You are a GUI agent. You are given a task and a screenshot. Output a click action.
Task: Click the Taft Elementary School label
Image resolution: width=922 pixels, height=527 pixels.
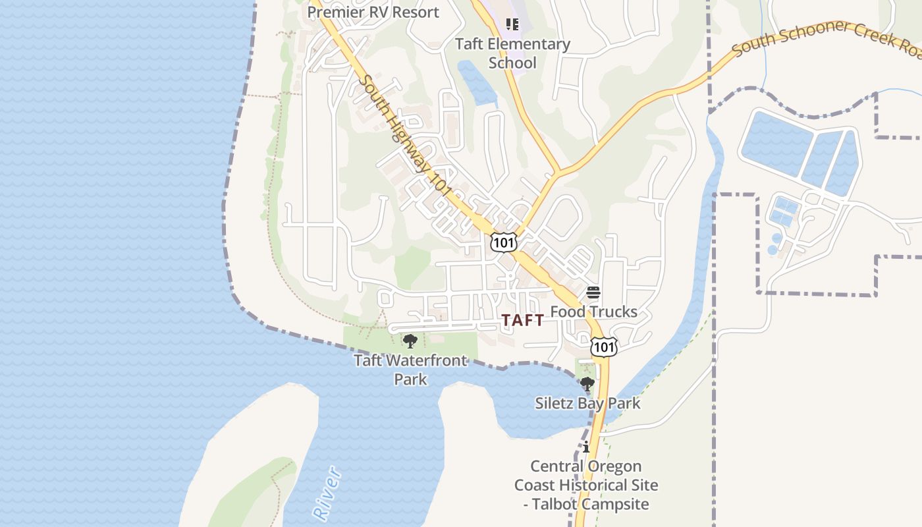click(x=513, y=53)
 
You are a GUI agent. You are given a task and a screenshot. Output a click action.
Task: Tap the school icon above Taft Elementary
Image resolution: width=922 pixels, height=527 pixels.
click(x=512, y=25)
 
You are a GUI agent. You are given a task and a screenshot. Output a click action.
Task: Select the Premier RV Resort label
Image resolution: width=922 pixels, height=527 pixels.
click(x=373, y=12)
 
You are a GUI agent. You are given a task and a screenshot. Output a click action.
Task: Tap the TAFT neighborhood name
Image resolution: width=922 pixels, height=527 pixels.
click(x=523, y=321)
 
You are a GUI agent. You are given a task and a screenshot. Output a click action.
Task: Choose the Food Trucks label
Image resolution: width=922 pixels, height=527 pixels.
click(x=593, y=312)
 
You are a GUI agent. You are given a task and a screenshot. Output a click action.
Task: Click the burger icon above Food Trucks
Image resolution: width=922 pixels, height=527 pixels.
click(x=593, y=292)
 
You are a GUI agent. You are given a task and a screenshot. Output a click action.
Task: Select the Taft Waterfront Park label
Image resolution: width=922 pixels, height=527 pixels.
click(x=411, y=370)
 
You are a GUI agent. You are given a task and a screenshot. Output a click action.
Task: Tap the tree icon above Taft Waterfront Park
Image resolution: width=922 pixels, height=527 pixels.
click(x=410, y=341)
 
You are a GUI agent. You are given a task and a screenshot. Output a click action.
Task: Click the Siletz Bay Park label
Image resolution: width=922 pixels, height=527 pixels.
click(x=587, y=403)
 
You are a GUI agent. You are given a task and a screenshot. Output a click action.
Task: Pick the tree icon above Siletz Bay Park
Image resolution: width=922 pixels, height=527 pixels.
click(x=587, y=384)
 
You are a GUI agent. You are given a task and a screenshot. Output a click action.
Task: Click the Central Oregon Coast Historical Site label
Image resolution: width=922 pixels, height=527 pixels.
click(x=586, y=485)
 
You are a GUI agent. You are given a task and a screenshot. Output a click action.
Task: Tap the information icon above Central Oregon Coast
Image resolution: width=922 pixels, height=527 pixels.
click(x=586, y=447)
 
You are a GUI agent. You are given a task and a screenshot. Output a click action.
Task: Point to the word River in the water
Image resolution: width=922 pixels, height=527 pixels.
click(x=327, y=492)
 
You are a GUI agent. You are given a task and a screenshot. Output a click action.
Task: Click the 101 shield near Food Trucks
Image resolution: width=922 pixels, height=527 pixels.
click(x=603, y=347)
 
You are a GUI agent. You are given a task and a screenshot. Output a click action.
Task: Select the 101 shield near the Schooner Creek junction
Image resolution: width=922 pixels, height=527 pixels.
click(x=503, y=242)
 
